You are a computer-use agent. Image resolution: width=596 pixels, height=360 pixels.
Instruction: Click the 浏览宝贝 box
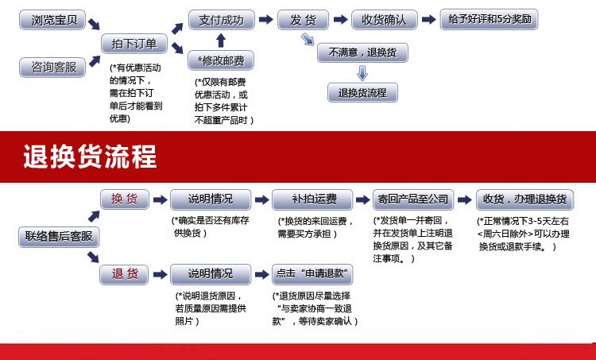[x=52, y=20]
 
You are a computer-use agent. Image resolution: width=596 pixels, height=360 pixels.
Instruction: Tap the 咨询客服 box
[x=52, y=68]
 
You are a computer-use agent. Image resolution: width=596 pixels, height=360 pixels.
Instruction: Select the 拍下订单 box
[x=134, y=44]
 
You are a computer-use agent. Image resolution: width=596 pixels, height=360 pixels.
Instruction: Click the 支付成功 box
[x=221, y=20]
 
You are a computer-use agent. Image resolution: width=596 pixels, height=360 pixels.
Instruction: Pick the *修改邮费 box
[x=221, y=60]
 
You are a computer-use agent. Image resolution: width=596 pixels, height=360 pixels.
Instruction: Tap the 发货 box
[x=303, y=20]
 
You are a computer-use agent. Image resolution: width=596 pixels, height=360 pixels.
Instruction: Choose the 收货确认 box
[x=385, y=20]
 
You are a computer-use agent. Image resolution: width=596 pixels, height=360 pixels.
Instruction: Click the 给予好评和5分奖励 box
[x=489, y=19]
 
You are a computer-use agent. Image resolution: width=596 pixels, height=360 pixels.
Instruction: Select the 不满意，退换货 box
[x=362, y=52]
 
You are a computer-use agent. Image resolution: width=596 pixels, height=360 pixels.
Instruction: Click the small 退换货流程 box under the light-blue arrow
[x=362, y=92]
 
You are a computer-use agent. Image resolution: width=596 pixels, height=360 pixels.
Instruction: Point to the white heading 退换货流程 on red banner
[x=90, y=157]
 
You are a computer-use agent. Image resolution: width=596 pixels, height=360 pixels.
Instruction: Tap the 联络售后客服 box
[x=59, y=237]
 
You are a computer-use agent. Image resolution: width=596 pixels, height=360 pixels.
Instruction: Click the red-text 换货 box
[x=125, y=199]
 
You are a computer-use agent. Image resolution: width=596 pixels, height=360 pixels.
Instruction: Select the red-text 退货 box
[x=124, y=274]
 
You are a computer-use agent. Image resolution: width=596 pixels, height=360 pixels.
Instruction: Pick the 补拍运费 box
[x=312, y=199]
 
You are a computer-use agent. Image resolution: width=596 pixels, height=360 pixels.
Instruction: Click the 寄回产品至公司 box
[x=413, y=199]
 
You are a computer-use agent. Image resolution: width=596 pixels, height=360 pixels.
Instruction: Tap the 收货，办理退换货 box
[x=525, y=199]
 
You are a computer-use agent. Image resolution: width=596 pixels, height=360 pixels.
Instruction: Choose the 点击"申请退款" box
[x=312, y=274]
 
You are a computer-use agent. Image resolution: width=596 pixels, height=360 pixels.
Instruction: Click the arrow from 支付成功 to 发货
[x=266, y=19]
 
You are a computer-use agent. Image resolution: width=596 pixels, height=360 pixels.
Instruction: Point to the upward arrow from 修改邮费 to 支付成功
[x=221, y=41]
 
